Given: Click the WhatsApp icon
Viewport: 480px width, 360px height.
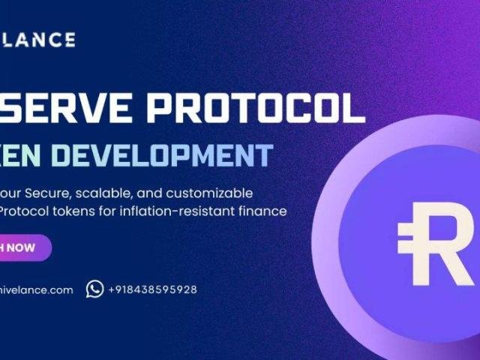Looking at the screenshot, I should pos(94,289).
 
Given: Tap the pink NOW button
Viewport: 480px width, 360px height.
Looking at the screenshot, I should pos(22,247).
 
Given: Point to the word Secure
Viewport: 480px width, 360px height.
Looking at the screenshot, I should pos(49,193).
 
